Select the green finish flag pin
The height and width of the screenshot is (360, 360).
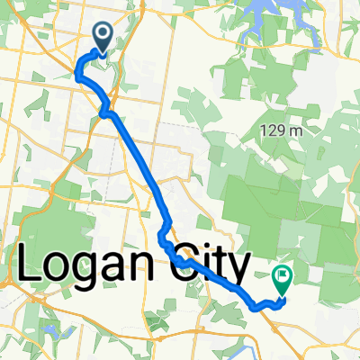point(283,283)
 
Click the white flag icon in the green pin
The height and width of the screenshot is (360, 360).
point(283,278)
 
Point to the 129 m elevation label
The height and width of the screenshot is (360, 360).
point(283,131)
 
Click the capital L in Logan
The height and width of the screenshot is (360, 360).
point(31,265)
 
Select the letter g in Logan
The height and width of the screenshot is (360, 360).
point(91,273)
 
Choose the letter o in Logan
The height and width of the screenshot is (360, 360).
point(60,269)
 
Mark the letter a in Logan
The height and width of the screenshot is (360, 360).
point(120,269)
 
